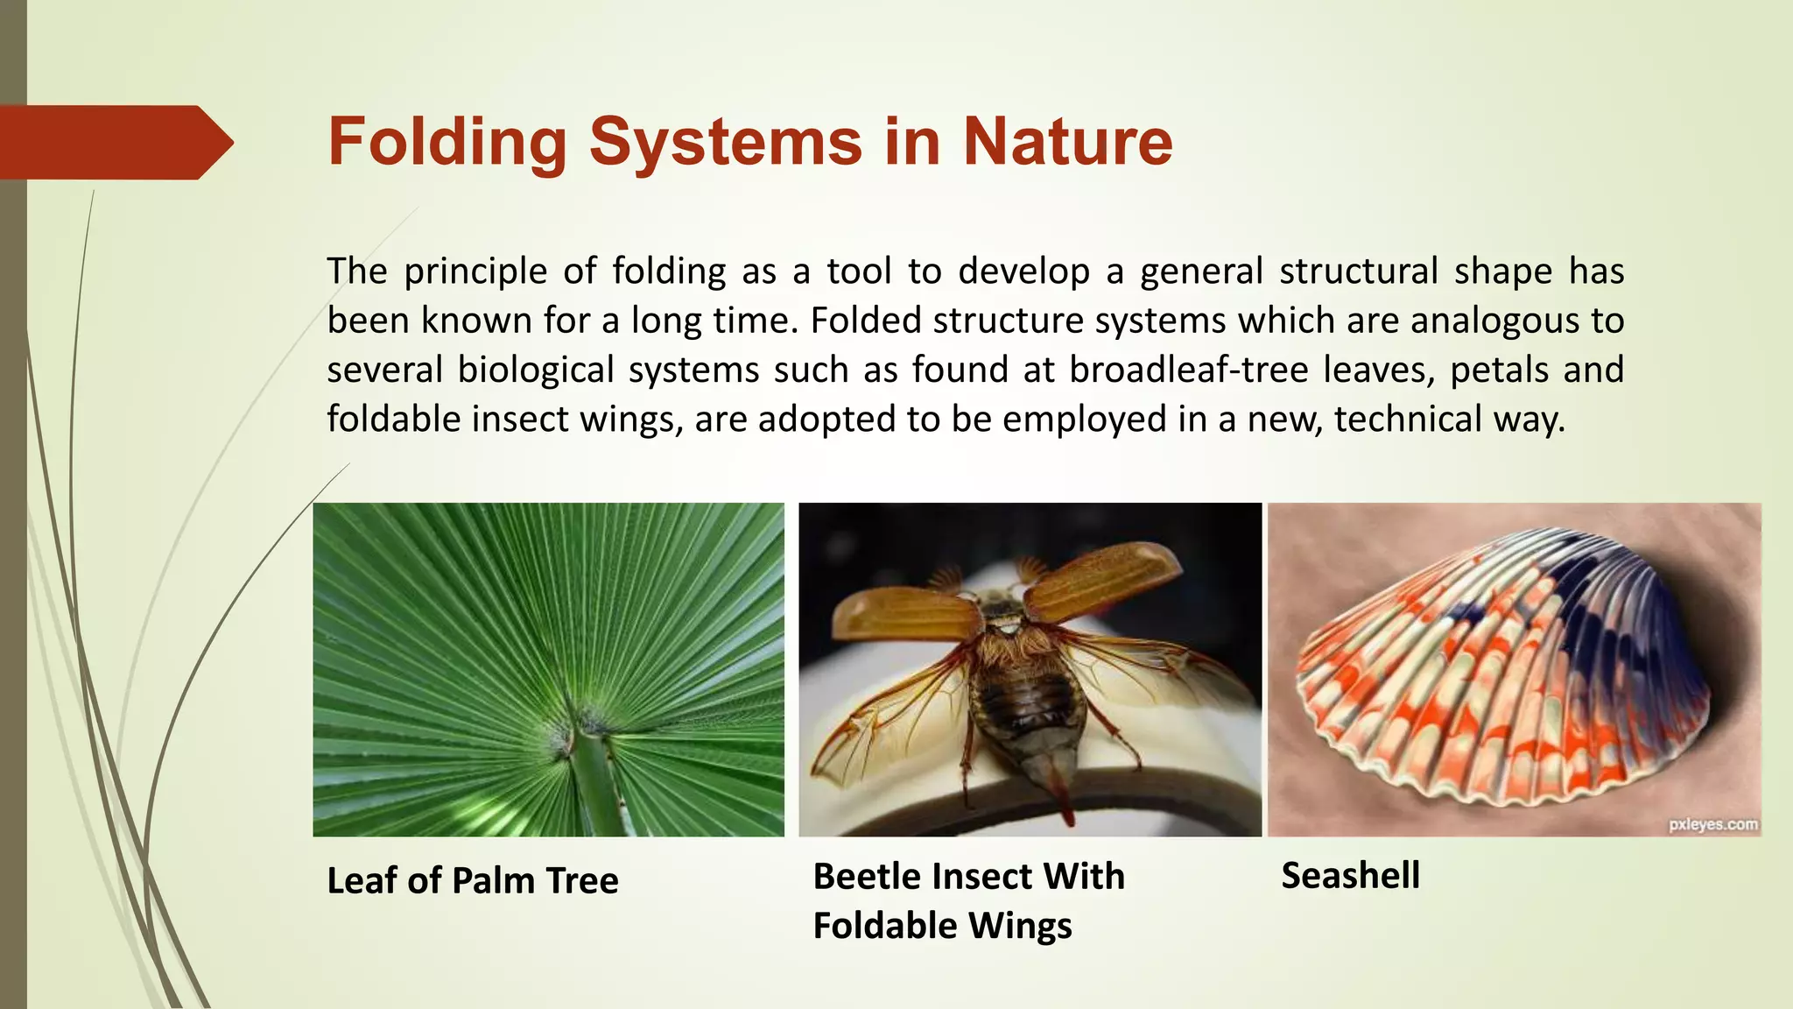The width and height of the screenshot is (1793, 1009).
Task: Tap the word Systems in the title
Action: coord(726,143)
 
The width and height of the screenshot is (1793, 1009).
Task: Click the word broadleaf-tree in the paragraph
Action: coord(1188,370)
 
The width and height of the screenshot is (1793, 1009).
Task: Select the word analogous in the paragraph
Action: coord(1494,321)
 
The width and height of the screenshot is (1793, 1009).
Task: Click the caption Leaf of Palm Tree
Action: coord(473,880)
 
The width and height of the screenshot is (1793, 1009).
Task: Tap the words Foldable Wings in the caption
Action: coord(942,926)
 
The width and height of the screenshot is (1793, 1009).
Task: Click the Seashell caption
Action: coord(1351,876)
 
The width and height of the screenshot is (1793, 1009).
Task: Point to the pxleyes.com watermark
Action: coord(1713,824)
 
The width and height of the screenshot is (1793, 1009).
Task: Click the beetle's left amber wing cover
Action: coord(907,613)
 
